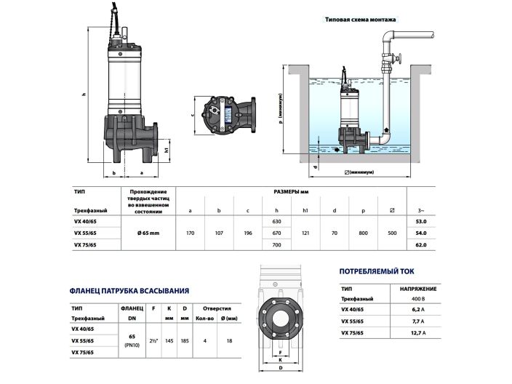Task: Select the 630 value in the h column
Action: (276, 220)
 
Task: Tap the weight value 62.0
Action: (420, 246)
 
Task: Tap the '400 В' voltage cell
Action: (417, 297)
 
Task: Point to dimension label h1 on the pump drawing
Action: (167, 151)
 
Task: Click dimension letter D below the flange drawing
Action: (281, 369)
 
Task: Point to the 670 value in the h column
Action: (276, 233)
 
